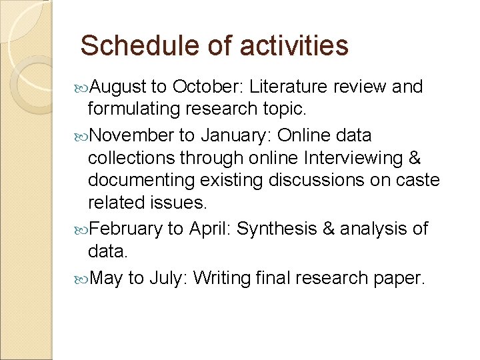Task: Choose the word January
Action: [233, 135]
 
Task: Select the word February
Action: [125, 229]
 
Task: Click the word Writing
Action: [221, 277]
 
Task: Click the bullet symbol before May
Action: [81, 278]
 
